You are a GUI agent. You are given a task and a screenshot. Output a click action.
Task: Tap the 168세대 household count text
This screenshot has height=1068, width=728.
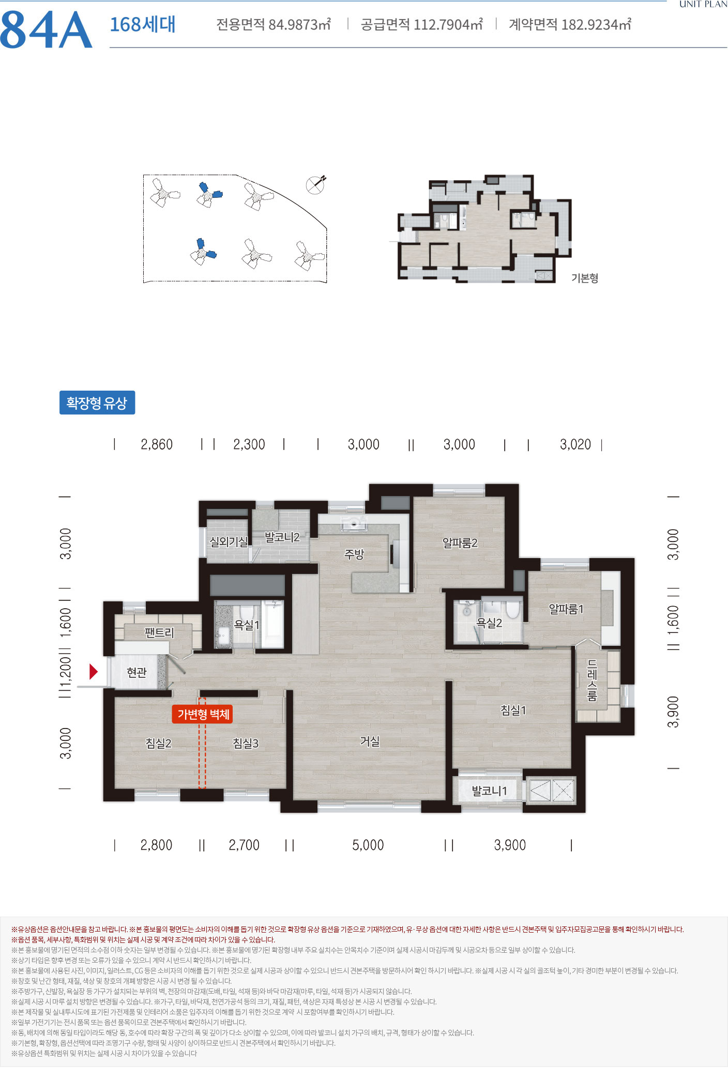143,24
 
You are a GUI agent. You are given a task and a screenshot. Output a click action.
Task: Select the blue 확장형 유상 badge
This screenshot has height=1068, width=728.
97,403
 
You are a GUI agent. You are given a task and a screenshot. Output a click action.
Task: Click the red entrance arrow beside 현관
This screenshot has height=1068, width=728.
94,671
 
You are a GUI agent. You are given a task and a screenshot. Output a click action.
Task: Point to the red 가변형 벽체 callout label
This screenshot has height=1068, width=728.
203,714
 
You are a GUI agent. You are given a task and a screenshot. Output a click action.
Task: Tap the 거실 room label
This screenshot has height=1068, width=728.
370,741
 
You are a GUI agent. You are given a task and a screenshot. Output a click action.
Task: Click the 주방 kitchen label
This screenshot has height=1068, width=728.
355,554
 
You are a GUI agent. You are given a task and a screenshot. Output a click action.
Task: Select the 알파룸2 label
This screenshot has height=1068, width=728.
460,543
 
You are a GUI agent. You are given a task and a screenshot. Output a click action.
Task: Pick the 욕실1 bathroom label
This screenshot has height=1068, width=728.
247,625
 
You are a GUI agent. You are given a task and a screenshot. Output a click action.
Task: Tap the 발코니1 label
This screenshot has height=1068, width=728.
489,791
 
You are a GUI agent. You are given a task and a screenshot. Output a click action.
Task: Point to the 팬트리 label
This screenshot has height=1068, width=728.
159,632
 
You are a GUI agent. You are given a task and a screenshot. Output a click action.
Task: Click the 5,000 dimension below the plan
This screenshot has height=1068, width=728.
368,845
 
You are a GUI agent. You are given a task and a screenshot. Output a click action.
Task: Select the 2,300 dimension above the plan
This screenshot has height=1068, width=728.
249,444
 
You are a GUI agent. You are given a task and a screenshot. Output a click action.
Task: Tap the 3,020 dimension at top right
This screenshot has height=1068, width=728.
575,444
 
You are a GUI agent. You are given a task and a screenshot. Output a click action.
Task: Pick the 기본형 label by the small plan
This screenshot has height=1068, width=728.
585,278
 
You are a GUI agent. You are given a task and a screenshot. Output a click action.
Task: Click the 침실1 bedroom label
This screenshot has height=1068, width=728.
513,710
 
